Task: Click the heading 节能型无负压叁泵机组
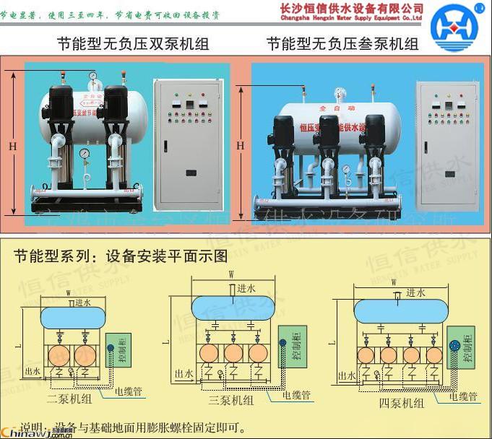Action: pos(342,44)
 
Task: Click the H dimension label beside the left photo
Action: pos(12,144)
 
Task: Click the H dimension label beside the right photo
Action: pos(241,144)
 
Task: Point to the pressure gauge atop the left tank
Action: pos(94,75)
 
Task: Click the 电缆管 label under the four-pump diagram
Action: pos(463,396)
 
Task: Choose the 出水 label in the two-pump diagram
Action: pos(32,370)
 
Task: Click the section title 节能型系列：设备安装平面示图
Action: pos(121,256)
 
